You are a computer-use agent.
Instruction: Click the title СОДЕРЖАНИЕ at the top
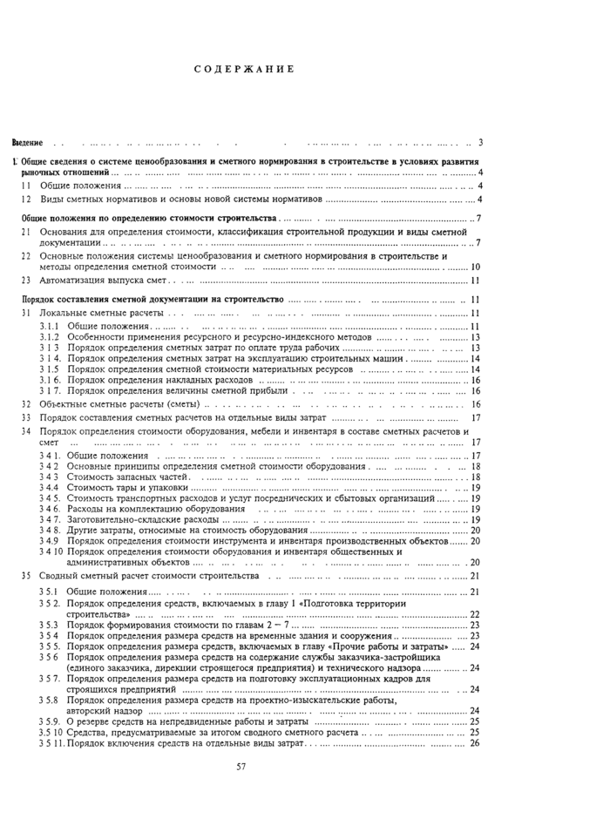click(x=243, y=69)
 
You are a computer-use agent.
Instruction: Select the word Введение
click(x=27, y=142)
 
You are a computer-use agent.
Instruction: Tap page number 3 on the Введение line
click(x=481, y=142)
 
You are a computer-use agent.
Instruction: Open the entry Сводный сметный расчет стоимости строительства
click(x=149, y=576)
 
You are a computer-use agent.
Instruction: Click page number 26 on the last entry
click(x=475, y=743)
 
